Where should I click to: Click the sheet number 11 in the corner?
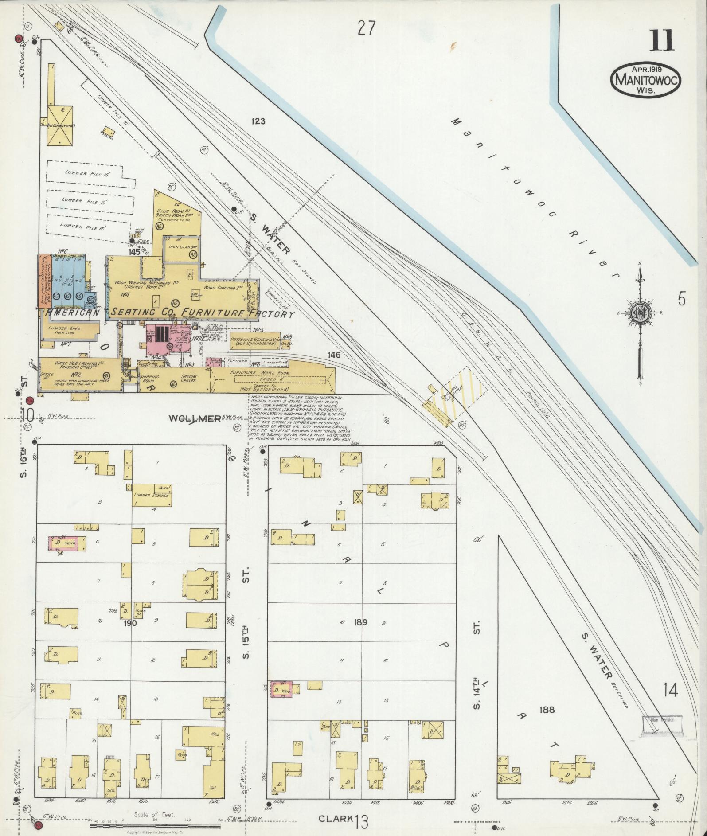coord(662,41)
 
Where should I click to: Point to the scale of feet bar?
coord(155,826)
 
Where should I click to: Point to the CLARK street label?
coord(336,818)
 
